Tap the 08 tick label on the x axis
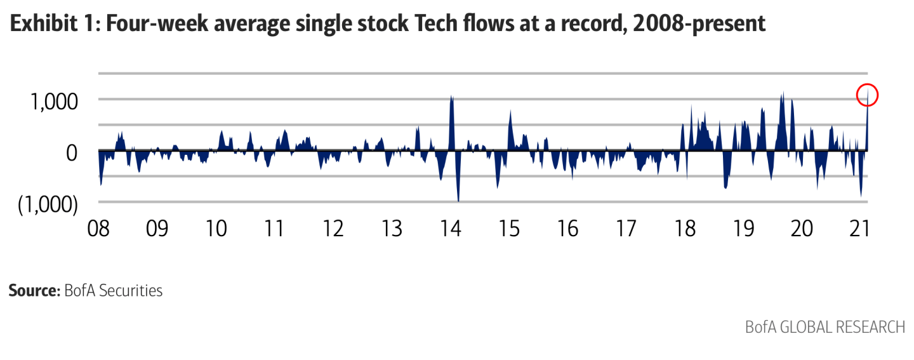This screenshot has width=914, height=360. [99, 229]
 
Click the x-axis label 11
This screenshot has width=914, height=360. [274, 229]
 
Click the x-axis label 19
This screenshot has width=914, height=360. [743, 229]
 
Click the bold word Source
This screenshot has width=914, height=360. [34, 291]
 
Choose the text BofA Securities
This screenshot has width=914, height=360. [114, 291]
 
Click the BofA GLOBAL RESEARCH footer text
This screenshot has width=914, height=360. [825, 328]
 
